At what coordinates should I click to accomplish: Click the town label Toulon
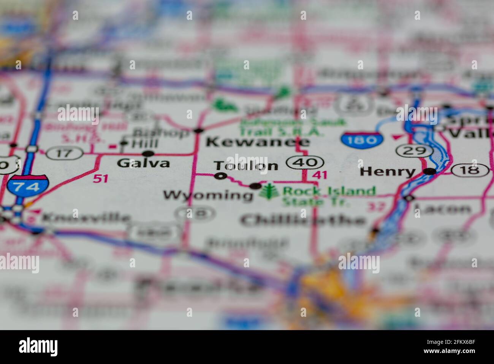246,166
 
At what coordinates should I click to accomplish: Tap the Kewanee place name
257,142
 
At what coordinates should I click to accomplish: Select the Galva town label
143,163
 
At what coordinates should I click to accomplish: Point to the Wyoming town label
208,196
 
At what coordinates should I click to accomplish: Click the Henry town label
387,172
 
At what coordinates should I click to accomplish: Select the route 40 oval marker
305,163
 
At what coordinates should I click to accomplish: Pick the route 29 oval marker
414,150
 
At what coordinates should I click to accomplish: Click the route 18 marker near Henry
470,170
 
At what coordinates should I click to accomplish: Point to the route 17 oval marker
65,153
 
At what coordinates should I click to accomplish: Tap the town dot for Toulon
220,176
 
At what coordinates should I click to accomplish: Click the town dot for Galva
148,154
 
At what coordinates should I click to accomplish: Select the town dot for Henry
430,172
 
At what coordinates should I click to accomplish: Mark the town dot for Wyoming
255,186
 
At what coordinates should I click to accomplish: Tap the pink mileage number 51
100,178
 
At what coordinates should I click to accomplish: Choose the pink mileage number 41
319,175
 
